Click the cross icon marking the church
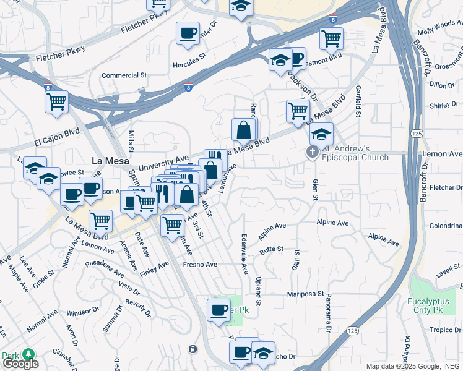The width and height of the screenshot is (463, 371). pyautogui.click(x=313, y=151)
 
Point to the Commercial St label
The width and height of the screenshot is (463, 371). pyautogui.click(x=124, y=75)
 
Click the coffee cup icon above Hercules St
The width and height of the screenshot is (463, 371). pyautogui.click(x=188, y=34)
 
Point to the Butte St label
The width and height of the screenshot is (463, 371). pyautogui.click(x=271, y=249)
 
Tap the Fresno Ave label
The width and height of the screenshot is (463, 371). pyautogui.click(x=199, y=265)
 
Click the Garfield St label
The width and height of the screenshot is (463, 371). pyautogui.click(x=358, y=101)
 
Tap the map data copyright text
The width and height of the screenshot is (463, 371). pyautogui.click(x=413, y=366)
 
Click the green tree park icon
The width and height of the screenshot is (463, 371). pyautogui.click(x=28, y=354)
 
